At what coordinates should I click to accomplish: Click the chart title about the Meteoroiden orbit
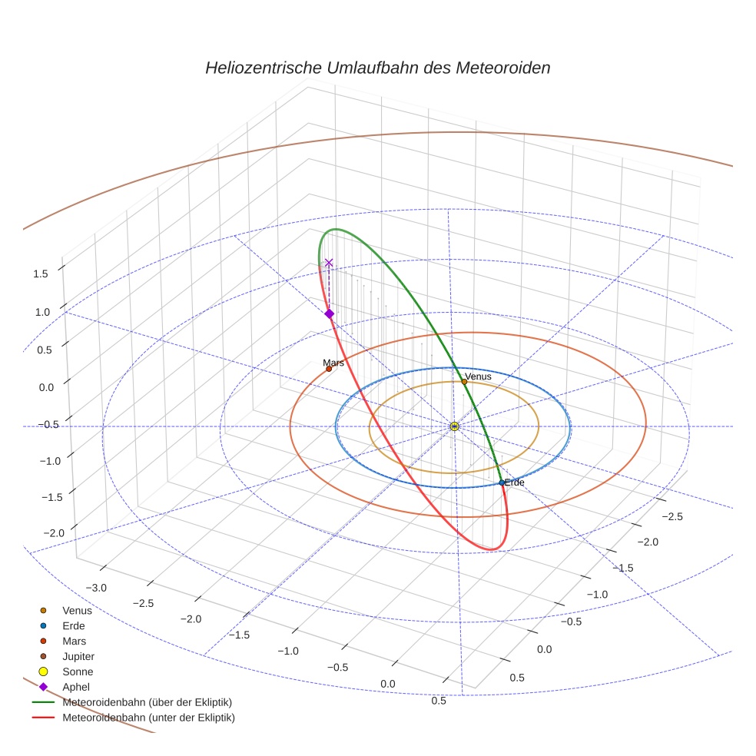(x=377, y=68)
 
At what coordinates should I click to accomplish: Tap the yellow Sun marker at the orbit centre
(x=454, y=426)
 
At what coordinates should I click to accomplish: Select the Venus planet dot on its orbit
(x=464, y=381)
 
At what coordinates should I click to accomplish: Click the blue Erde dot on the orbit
(x=502, y=482)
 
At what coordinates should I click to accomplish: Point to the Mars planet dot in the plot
(x=329, y=369)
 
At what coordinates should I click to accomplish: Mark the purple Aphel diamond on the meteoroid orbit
(x=329, y=313)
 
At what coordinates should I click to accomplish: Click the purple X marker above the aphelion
(x=329, y=263)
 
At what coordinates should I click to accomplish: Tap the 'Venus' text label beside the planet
(x=478, y=376)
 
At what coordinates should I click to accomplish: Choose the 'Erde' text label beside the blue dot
(x=514, y=482)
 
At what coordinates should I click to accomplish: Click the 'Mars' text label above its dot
(x=333, y=363)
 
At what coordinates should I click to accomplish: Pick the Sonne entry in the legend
(x=78, y=671)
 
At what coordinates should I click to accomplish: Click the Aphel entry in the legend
(x=76, y=687)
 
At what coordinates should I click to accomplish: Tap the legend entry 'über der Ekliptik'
(x=147, y=702)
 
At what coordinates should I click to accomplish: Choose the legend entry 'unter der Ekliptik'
(x=148, y=718)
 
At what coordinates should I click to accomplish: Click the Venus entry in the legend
(x=77, y=610)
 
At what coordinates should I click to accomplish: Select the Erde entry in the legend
(x=74, y=625)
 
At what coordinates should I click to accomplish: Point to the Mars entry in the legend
(x=74, y=641)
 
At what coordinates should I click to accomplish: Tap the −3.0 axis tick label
(x=96, y=588)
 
